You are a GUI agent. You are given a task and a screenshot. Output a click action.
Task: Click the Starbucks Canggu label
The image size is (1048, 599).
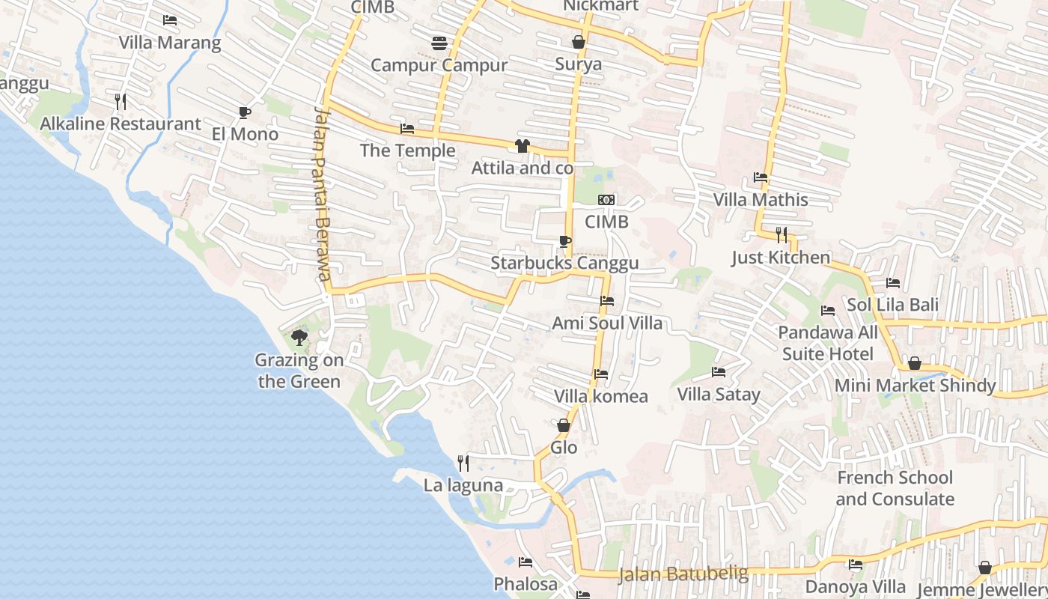point(564,263)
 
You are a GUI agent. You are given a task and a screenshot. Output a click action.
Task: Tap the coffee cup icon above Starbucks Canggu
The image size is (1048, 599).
point(564,241)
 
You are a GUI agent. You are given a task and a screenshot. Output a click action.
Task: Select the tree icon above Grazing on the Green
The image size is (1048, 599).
point(299,337)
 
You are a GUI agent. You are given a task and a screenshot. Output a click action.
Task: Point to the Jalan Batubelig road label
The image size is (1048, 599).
point(683,574)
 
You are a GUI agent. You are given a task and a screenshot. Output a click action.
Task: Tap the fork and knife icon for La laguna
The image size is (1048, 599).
point(463,463)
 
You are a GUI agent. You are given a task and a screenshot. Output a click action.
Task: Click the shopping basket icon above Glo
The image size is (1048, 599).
point(564,425)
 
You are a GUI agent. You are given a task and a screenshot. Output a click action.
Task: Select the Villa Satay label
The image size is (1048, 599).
point(718,394)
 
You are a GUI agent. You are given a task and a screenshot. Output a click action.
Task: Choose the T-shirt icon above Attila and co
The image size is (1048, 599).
point(523,146)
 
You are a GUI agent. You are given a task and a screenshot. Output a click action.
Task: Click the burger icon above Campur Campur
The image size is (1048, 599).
point(439,43)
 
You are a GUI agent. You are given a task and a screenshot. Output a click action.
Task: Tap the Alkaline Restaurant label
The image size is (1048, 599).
point(121,124)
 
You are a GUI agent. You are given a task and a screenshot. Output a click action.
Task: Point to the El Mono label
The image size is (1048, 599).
point(245,134)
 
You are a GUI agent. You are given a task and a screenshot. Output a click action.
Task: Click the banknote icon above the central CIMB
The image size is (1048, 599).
point(606,200)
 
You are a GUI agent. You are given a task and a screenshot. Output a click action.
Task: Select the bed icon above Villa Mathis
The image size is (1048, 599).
point(761,178)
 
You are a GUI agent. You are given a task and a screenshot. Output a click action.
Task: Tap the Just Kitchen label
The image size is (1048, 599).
point(781,258)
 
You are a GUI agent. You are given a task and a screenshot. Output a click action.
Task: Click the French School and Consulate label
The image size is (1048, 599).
point(895,488)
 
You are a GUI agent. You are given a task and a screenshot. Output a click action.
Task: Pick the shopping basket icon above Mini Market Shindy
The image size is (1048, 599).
point(914,364)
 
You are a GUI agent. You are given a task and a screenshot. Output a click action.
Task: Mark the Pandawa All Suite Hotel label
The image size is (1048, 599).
point(828,343)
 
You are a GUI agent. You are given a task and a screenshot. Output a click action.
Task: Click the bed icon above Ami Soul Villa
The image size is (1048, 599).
point(607,301)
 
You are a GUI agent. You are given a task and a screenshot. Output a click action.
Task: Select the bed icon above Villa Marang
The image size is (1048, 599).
point(170,20)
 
